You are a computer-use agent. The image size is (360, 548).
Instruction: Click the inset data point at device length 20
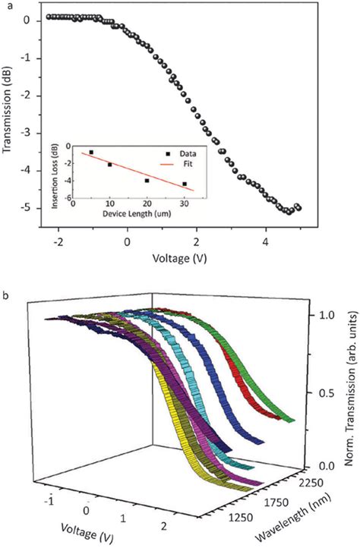point(147,181)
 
